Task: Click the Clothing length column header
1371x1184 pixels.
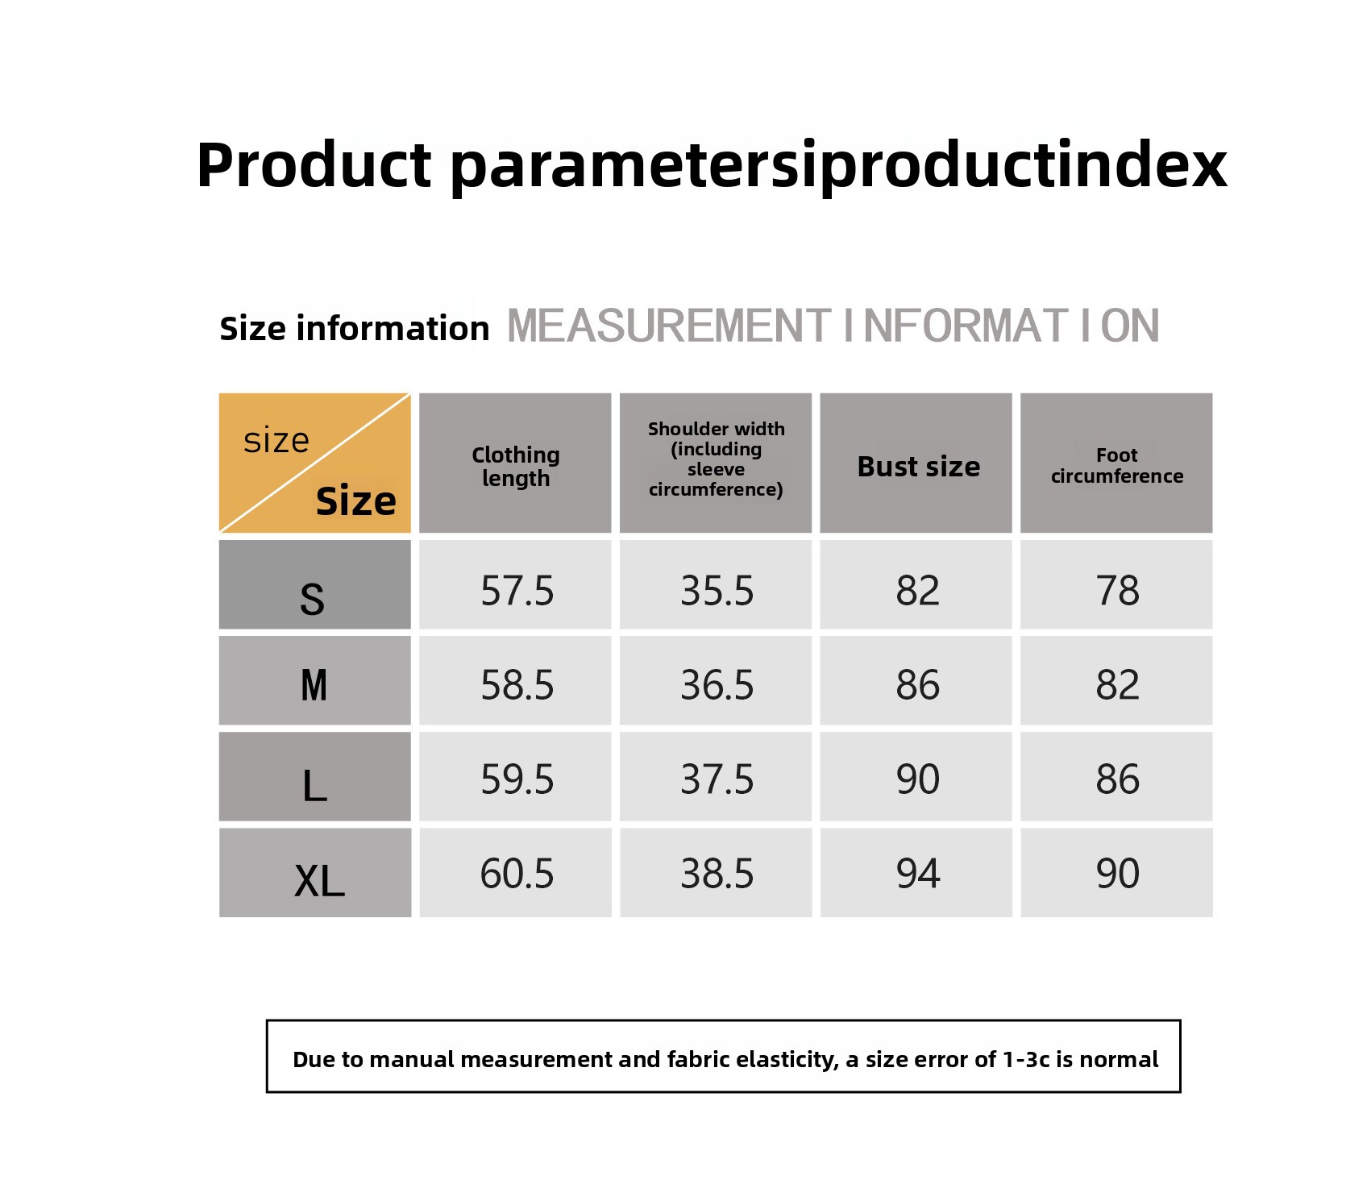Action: [x=515, y=463]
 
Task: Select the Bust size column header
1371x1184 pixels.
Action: [x=916, y=463]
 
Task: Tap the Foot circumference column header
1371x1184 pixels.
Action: [x=1116, y=463]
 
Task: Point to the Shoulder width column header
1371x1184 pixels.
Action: [x=716, y=463]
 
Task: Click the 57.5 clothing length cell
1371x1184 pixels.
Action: [x=515, y=584]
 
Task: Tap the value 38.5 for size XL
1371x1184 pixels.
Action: [x=716, y=873]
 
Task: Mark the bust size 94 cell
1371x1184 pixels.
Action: [x=916, y=873]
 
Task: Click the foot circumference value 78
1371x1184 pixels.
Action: [x=1116, y=584]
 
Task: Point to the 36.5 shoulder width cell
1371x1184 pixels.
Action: [x=716, y=680]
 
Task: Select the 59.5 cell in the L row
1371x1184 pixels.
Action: [x=515, y=776]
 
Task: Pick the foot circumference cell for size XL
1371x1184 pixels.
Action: [x=1116, y=873]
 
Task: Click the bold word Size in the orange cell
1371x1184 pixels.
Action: [x=355, y=501]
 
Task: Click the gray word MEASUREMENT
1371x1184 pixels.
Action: [x=668, y=326]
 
